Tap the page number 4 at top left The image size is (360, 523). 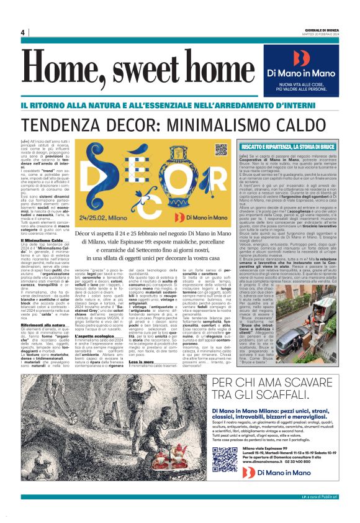[22, 32]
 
